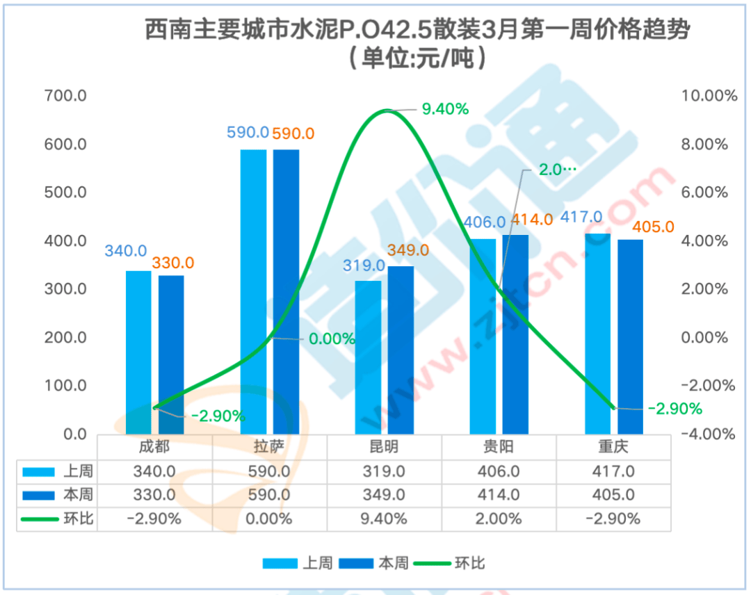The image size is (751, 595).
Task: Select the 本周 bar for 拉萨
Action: click(x=286, y=292)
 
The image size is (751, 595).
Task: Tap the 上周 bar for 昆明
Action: click(x=368, y=357)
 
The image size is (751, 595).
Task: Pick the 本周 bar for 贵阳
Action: click(x=515, y=334)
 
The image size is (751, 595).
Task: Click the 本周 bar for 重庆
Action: click(x=630, y=336)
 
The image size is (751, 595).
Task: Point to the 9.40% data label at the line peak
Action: click(x=445, y=108)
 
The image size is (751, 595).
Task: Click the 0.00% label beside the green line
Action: click(x=331, y=339)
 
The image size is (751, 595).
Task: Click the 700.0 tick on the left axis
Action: click(x=65, y=96)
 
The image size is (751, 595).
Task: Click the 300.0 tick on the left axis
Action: click(x=65, y=289)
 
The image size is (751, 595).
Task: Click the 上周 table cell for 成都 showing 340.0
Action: click(x=154, y=471)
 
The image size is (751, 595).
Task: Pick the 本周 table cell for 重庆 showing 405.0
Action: click(x=614, y=495)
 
